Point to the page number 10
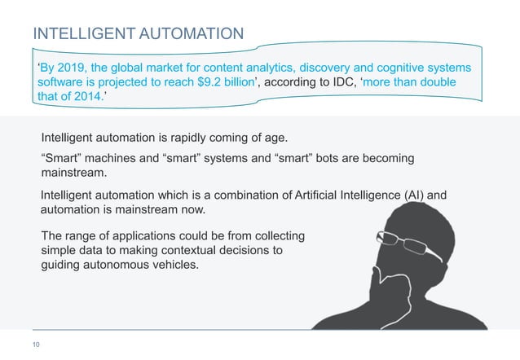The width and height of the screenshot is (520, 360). pyautogui.click(x=36, y=345)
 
